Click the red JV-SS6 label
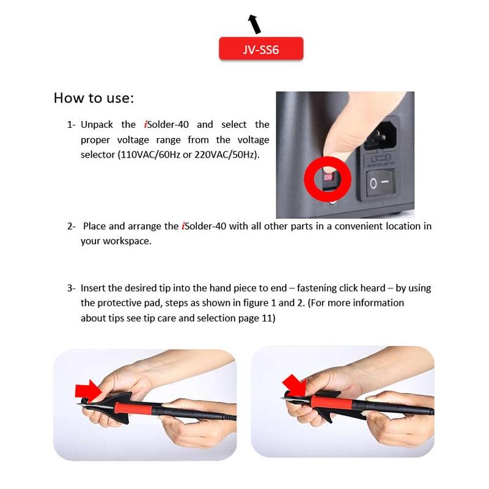tap(261, 48)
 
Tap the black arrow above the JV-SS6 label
tap(254, 24)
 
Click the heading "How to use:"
tap(94, 98)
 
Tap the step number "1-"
tap(71, 125)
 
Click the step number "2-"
tap(71, 226)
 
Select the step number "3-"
tap(71, 288)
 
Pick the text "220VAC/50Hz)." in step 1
tap(227, 155)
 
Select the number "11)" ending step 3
tap(268, 318)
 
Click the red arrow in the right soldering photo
tap(295, 385)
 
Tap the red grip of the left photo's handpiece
tap(133, 408)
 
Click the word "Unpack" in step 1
tap(97, 125)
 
